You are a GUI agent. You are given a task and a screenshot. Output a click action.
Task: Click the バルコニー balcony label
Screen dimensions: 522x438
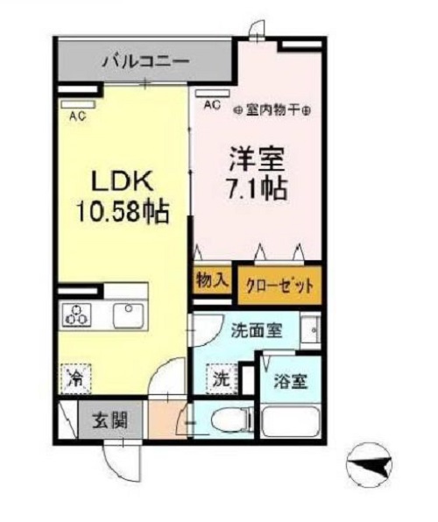coord(145,61)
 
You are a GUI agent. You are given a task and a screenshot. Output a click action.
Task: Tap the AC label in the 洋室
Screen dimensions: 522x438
coord(212,104)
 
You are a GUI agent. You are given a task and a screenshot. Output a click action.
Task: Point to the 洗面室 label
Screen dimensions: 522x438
coord(257,331)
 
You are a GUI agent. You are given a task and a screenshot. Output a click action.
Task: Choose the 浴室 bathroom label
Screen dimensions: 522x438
coord(286,382)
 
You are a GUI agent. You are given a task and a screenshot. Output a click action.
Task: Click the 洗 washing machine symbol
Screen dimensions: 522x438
coord(222,381)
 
